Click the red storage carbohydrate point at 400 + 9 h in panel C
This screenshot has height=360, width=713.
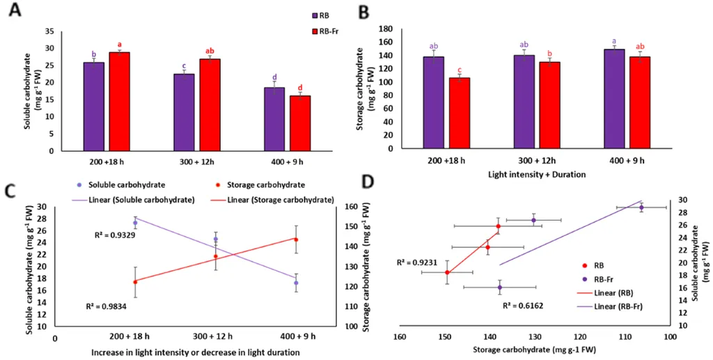(x=295, y=240)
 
